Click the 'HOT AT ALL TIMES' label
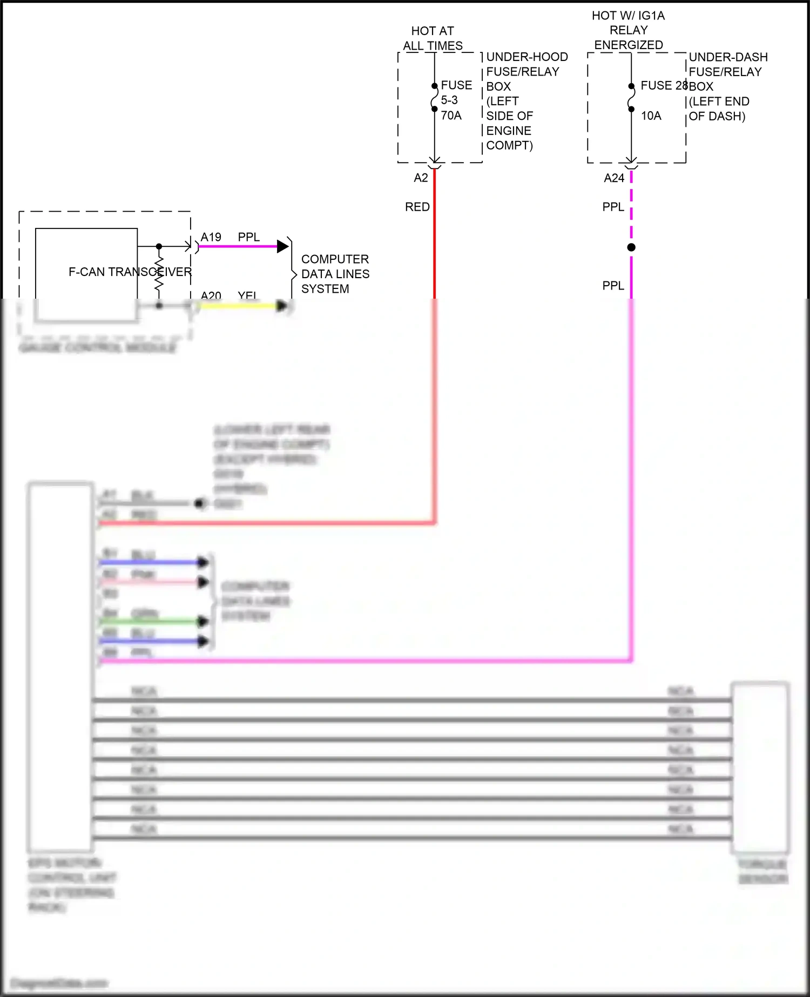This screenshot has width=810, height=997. tap(433, 38)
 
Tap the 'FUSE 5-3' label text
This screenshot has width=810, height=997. tap(456, 92)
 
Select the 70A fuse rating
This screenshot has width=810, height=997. tap(451, 116)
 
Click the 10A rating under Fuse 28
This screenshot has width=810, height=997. tap(651, 116)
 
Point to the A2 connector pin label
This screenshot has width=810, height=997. tap(421, 178)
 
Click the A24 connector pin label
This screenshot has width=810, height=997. tap(614, 178)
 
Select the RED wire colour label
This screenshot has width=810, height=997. tap(417, 207)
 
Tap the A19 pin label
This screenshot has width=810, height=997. tap(211, 237)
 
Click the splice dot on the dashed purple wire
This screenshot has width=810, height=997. tap(631, 247)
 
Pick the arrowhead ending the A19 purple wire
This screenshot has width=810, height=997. tap(282, 247)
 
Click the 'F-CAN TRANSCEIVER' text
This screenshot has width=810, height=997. tap(130, 272)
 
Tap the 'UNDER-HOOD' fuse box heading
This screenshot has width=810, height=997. tap(526, 57)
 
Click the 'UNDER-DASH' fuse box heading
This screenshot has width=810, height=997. tap(728, 57)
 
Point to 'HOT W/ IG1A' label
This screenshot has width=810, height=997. tap(628, 16)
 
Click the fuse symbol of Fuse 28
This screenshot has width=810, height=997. tap(631, 98)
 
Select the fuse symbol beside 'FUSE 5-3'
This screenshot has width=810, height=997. tap(434, 98)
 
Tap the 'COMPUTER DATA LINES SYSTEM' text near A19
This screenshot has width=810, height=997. tap(335, 274)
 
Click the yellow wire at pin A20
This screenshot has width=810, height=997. tap(238, 306)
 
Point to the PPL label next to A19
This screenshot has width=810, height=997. tap(248, 237)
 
